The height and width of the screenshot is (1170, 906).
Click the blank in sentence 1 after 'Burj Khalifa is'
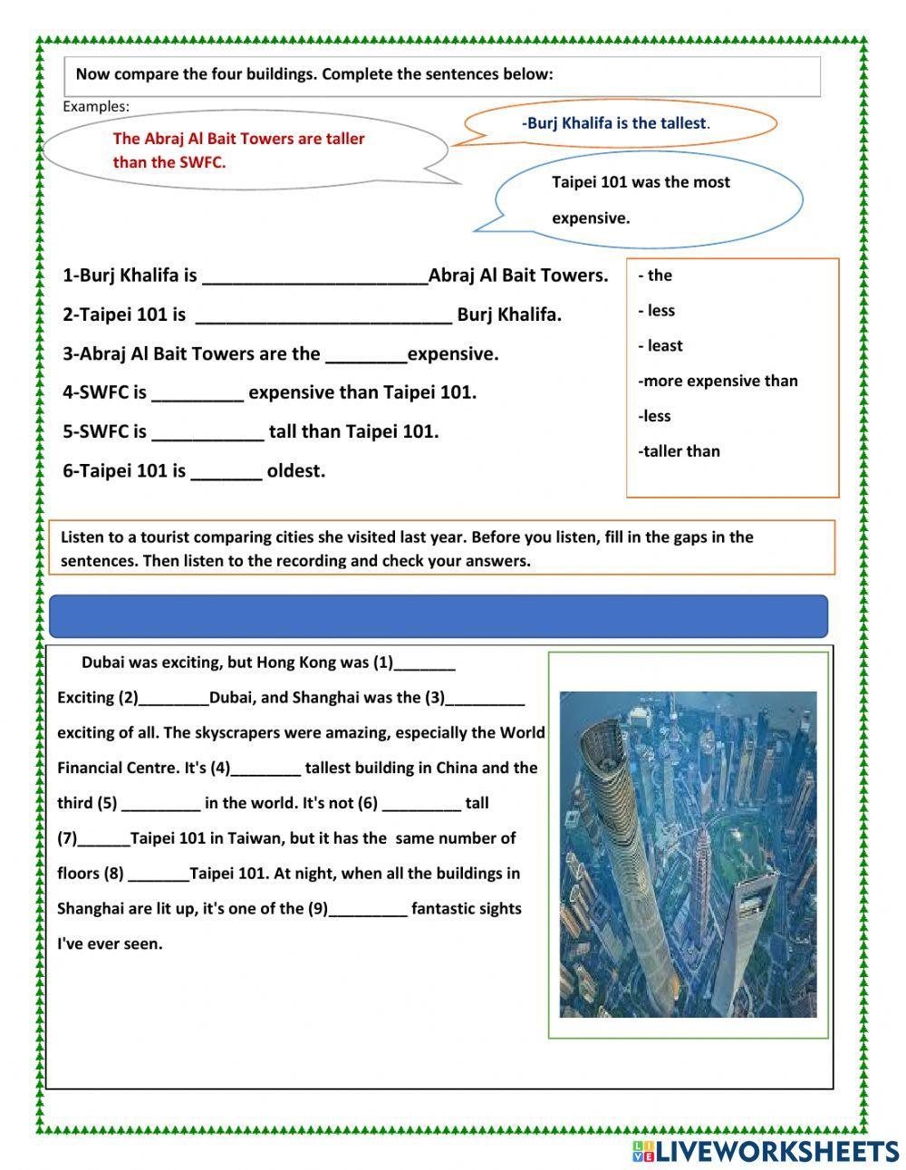click(314, 276)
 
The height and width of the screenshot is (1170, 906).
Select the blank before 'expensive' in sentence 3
click(365, 354)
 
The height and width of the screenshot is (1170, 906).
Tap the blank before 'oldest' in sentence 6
click(226, 471)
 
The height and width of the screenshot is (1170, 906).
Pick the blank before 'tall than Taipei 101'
click(207, 432)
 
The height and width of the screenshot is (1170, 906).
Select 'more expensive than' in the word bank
click(718, 381)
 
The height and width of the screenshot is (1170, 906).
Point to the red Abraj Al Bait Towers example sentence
click(238, 150)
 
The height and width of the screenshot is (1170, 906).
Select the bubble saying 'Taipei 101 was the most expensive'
click(641, 199)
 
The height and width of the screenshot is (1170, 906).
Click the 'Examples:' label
click(96, 107)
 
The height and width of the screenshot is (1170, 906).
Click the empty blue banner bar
click(438, 616)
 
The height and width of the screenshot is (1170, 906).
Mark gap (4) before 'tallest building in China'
click(266, 769)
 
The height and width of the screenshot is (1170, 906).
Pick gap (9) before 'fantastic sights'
click(368, 909)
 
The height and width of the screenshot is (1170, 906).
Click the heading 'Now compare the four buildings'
click(313, 74)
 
